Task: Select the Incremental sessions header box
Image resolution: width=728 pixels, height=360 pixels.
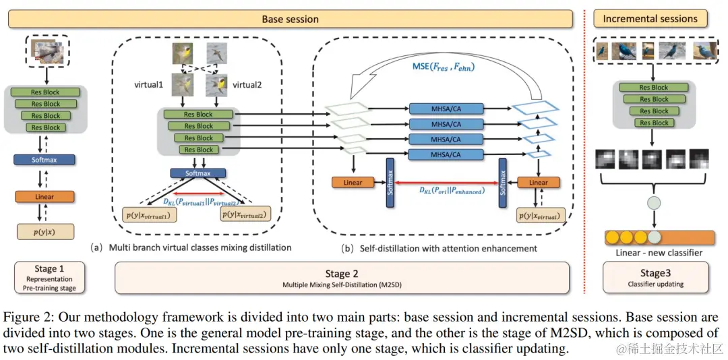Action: [x=650, y=19]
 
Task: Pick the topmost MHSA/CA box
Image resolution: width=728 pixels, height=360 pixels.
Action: [x=446, y=108]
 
